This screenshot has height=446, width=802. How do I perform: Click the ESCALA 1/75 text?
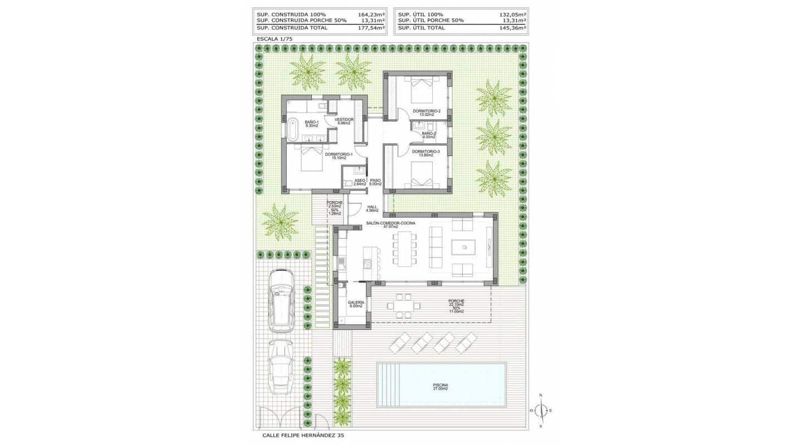point(274,39)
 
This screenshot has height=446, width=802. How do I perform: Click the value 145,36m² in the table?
point(513,27)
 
